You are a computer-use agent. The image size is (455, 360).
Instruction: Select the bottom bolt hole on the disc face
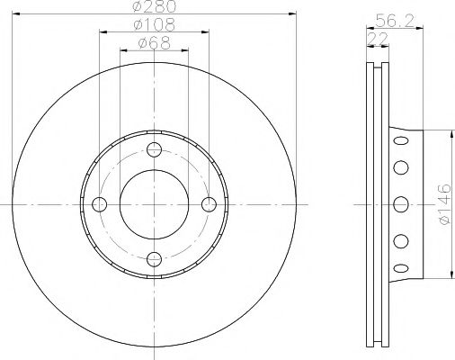pos(154,260)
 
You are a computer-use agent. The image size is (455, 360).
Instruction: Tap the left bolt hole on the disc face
pos(98,204)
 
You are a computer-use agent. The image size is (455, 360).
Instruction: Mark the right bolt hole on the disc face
pos(210,204)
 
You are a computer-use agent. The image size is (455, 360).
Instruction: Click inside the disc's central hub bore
pos(154,204)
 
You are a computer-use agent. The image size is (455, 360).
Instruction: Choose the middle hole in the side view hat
pos(400,203)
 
